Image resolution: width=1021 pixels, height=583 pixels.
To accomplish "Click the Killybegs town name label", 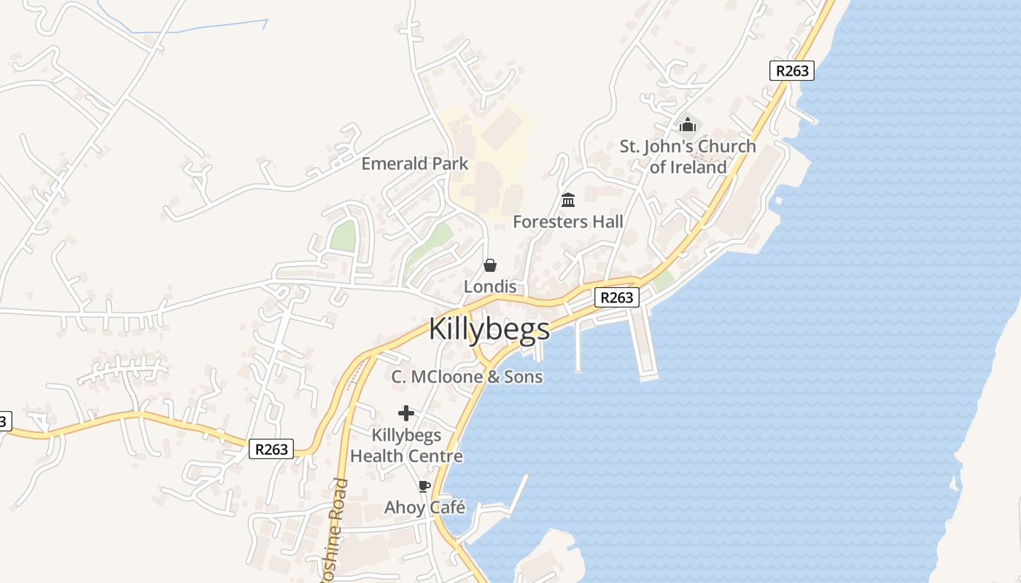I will (x=489, y=329).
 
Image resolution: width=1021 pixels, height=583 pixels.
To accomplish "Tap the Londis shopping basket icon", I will (x=490, y=265).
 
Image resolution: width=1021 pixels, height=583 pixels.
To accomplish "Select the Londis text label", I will (x=490, y=286).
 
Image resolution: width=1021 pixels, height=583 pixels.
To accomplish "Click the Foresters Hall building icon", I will (x=568, y=200).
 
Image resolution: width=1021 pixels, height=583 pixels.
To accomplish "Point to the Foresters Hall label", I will (x=568, y=222).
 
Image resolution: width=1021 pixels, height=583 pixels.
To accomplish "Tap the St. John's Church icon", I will (x=688, y=125).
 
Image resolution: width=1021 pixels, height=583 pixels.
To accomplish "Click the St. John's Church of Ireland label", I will (x=688, y=157).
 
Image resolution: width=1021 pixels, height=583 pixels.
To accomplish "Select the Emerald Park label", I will (x=415, y=163).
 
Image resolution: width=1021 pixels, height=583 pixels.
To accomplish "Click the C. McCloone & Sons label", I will (x=467, y=377).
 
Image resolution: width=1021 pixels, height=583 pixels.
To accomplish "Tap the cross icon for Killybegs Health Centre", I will (x=406, y=413).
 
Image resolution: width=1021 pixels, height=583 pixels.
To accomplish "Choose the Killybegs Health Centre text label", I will (x=406, y=445).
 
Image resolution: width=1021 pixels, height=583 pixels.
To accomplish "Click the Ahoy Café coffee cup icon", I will (x=424, y=486).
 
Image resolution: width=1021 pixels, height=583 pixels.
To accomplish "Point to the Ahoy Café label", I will (x=424, y=507).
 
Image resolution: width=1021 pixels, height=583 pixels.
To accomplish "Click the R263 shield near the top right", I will (x=791, y=71).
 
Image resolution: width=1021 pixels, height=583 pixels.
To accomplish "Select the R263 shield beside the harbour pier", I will (x=617, y=297).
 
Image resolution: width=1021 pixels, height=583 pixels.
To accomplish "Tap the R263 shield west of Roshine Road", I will (x=271, y=449).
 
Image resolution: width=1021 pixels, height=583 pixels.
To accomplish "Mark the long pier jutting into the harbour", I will (x=644, y=343).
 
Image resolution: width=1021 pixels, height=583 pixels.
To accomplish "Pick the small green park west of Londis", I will (x=343, y=236).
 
